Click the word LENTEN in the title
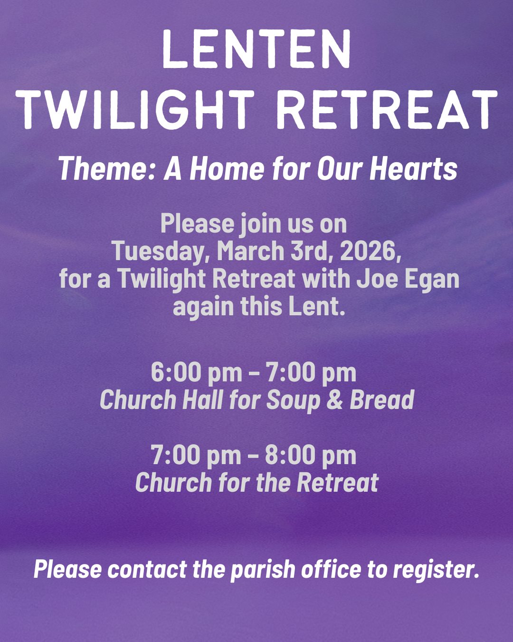(x=256, y=49)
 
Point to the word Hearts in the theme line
(x=413, y=169)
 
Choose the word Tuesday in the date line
(x=160, y=251)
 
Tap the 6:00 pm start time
(x=196, y=372)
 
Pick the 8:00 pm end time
(x=310, y=455)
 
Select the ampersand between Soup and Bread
(x=335, y=400)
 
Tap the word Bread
(x=382, y=400)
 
